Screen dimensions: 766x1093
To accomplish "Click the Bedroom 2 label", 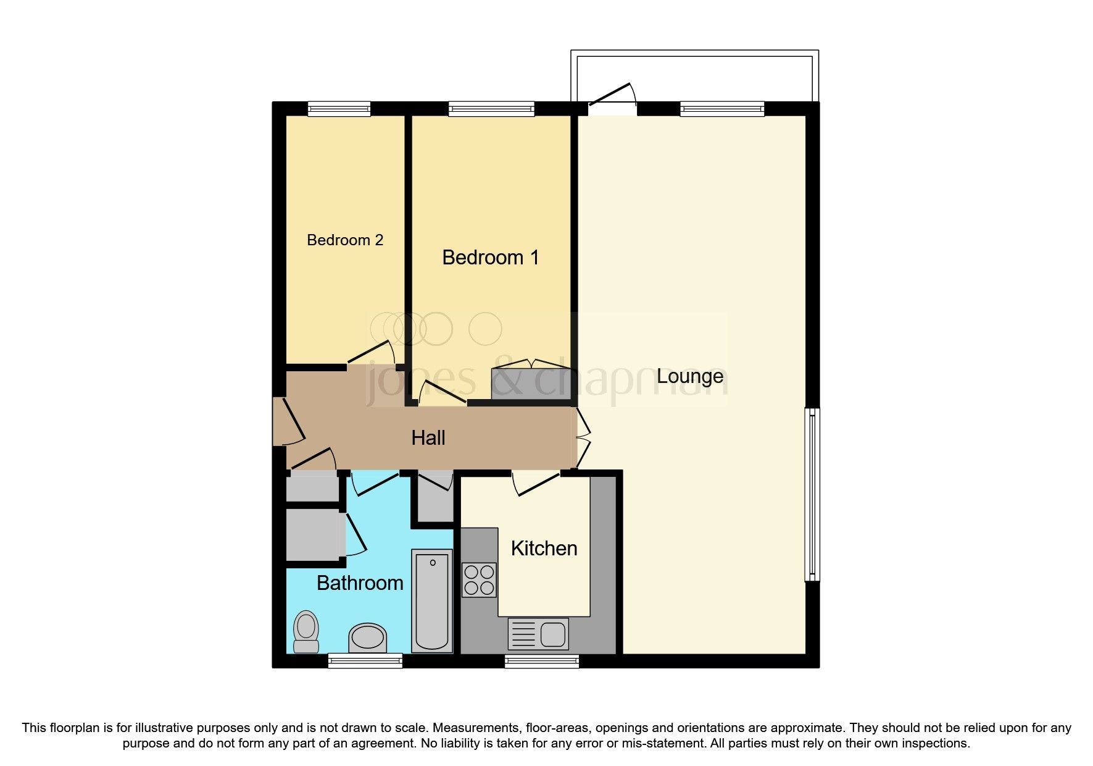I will (345, 240).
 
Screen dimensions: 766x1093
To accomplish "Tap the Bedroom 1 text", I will (491, 257).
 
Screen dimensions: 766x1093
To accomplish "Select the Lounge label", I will (689, 376).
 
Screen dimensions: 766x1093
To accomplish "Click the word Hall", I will (428, 438).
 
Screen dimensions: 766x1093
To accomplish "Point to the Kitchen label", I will (544, 548).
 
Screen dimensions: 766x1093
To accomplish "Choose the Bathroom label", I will (360, 583).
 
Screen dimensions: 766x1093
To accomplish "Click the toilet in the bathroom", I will (306, 631).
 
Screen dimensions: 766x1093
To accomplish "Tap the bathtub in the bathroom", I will (432, 600).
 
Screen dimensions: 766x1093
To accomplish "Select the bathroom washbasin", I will (368, 638).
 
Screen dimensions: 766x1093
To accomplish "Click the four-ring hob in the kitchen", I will (479, 579).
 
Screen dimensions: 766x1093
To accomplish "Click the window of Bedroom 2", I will (339, 109).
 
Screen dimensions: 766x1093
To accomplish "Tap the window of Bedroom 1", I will (491, 109).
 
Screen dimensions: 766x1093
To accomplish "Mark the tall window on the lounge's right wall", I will (812, 494).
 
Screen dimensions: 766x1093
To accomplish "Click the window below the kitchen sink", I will (542, 662).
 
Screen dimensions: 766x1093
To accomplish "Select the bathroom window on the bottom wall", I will (365, 662).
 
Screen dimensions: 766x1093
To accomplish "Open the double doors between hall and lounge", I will (583, 438).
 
